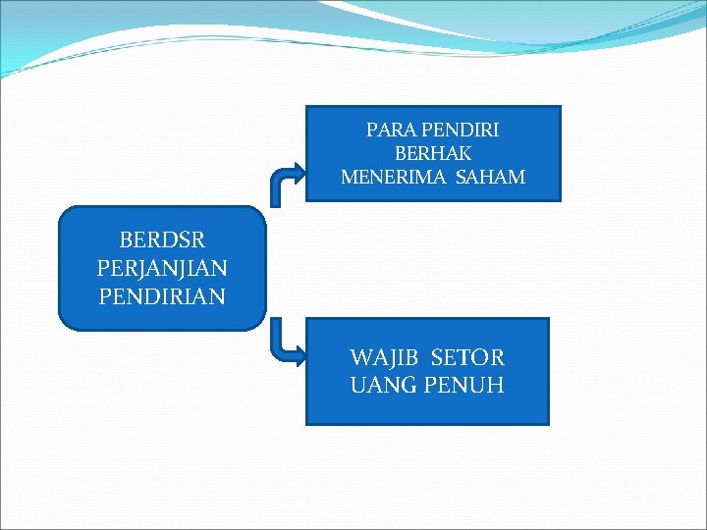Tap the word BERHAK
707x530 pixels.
[x=433, y=153]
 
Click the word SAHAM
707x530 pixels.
[x=490, y=178]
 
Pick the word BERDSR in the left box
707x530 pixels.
[x=162, y=239]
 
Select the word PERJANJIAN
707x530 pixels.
[x=163, y=267]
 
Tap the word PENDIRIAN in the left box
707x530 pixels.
[x=162, y=295]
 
